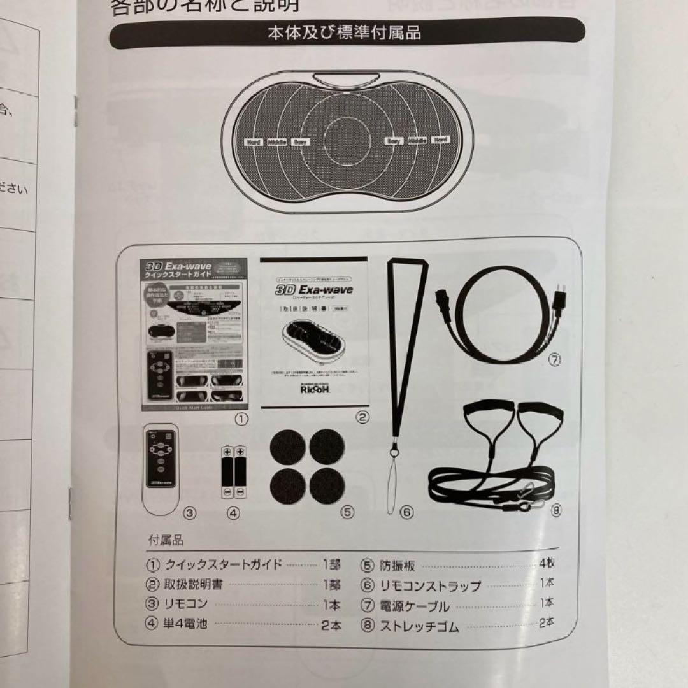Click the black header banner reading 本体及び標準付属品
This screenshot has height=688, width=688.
(347, 33)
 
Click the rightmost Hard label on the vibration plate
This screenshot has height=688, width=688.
(440, 140)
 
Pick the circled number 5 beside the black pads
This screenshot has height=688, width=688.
(347, 511)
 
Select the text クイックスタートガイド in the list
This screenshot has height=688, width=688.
(223, 565)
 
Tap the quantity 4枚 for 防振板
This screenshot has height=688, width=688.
(547, 564)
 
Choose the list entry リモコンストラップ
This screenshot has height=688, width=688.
(430, 585)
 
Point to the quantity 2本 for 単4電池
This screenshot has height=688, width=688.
(331, 625)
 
